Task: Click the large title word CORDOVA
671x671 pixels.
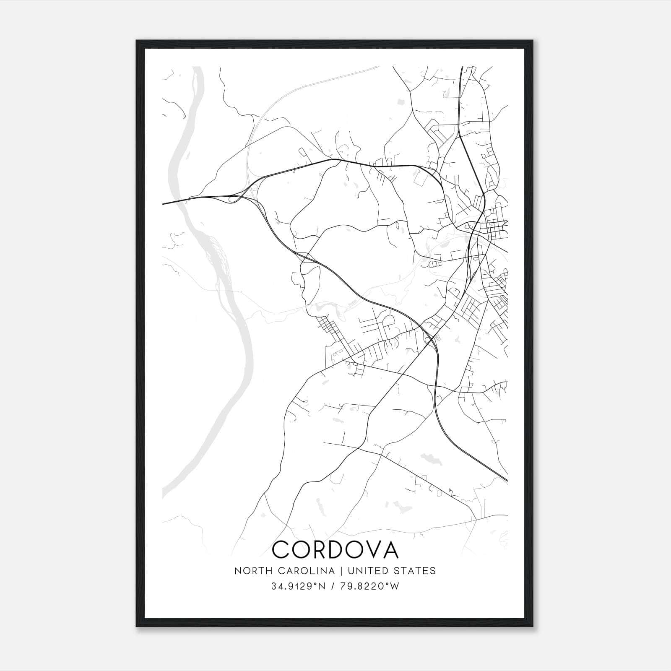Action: coord(335,549)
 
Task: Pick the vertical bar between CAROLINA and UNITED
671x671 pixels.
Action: coord(341,571)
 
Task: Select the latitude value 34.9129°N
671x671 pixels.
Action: coord(298,586)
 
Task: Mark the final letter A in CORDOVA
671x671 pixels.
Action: coord(389,549)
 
